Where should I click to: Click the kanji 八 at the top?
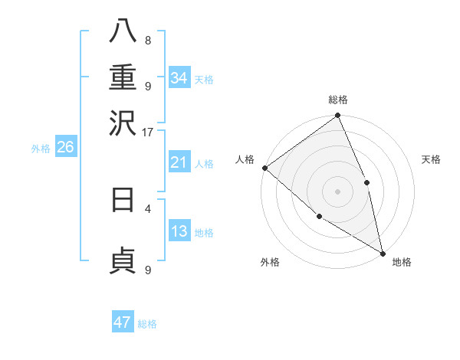point(123,31)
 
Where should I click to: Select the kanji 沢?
point(123,123)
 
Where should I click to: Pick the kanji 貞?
point(123,260)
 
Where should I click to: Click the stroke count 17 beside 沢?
point(147,132)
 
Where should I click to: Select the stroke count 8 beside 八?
point(148,41)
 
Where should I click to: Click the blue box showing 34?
point(179,78)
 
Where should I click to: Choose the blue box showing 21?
point(179,162)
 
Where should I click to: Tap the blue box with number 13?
point(179,231)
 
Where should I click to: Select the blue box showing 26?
point(65,148)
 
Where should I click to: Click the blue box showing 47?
point(123,322)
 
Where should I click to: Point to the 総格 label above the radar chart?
point(338,100)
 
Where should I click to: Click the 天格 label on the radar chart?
point(432,159)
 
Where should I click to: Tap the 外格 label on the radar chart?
point(270,262)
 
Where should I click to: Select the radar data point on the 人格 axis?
point(264,168)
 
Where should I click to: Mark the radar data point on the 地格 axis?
point(383,252)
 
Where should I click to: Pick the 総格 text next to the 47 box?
point(147,324)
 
